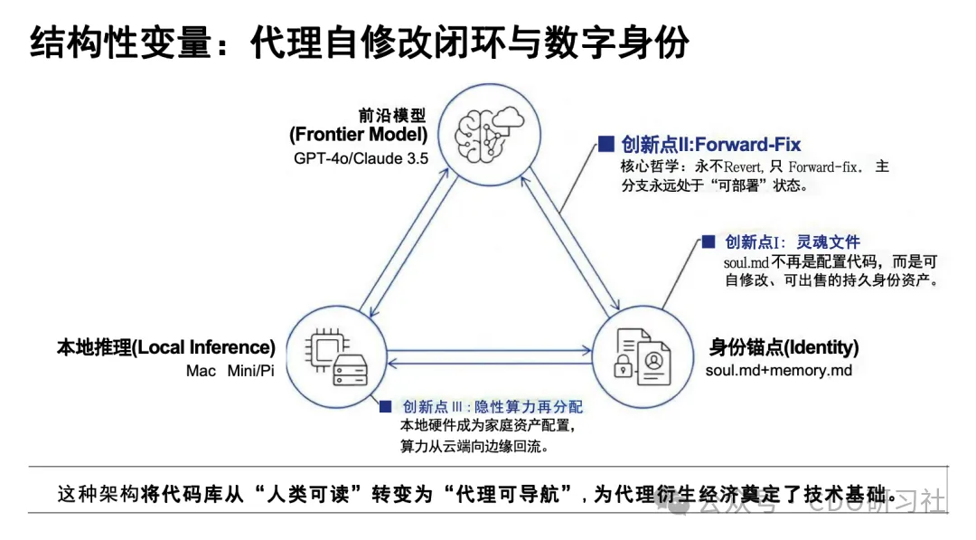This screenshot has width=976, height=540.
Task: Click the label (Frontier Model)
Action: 359,135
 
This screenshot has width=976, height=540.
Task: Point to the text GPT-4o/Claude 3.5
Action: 361,157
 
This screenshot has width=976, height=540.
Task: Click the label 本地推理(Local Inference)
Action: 166,347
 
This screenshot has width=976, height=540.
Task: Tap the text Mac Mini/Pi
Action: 230,371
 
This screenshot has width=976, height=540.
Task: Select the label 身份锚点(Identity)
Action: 784,347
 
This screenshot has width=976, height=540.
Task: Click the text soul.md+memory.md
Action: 778,370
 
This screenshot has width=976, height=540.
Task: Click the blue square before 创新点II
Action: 605,144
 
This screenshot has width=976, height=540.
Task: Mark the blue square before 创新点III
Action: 385,407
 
